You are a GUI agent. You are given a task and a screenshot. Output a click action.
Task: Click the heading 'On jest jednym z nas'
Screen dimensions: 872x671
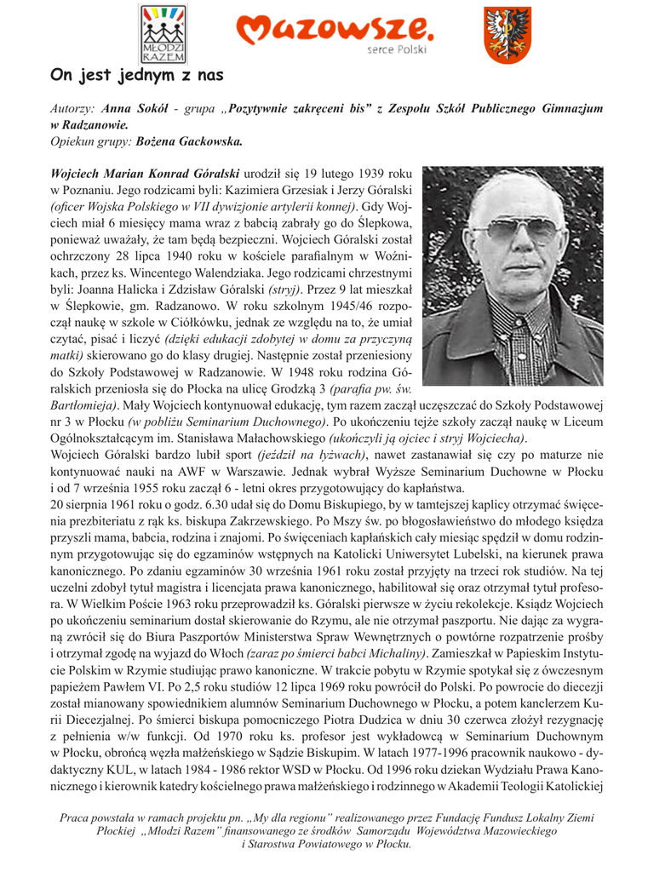[136, 76]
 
